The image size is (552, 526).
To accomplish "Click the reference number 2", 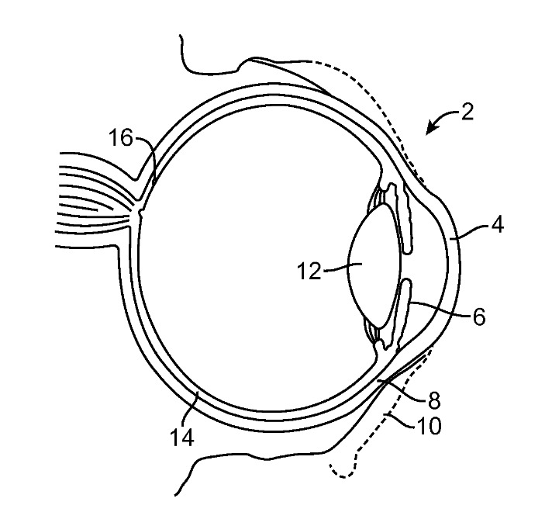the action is (x=467, y=112).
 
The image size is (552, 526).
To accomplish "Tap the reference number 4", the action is (x=497, y=224).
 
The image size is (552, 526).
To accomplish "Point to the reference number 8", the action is (x=434, y=400).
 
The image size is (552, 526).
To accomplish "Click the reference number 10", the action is (x=429, y=426).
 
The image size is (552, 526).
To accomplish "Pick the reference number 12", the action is (x=309, y=271).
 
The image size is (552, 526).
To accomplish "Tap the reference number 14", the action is (x=181, y=438).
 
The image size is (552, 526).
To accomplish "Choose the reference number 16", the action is (x=120, y=137).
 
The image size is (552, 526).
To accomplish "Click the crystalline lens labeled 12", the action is (x=374, y=266).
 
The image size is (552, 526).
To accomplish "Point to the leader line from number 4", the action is (x=469, y=234).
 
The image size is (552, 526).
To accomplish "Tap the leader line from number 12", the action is (x=343, y=268).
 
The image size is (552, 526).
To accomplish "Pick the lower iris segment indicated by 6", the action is (x=404, y=313).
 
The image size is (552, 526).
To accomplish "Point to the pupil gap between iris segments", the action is (x=406, y=266).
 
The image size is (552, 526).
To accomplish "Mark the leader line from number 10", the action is (x=402, y=421).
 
